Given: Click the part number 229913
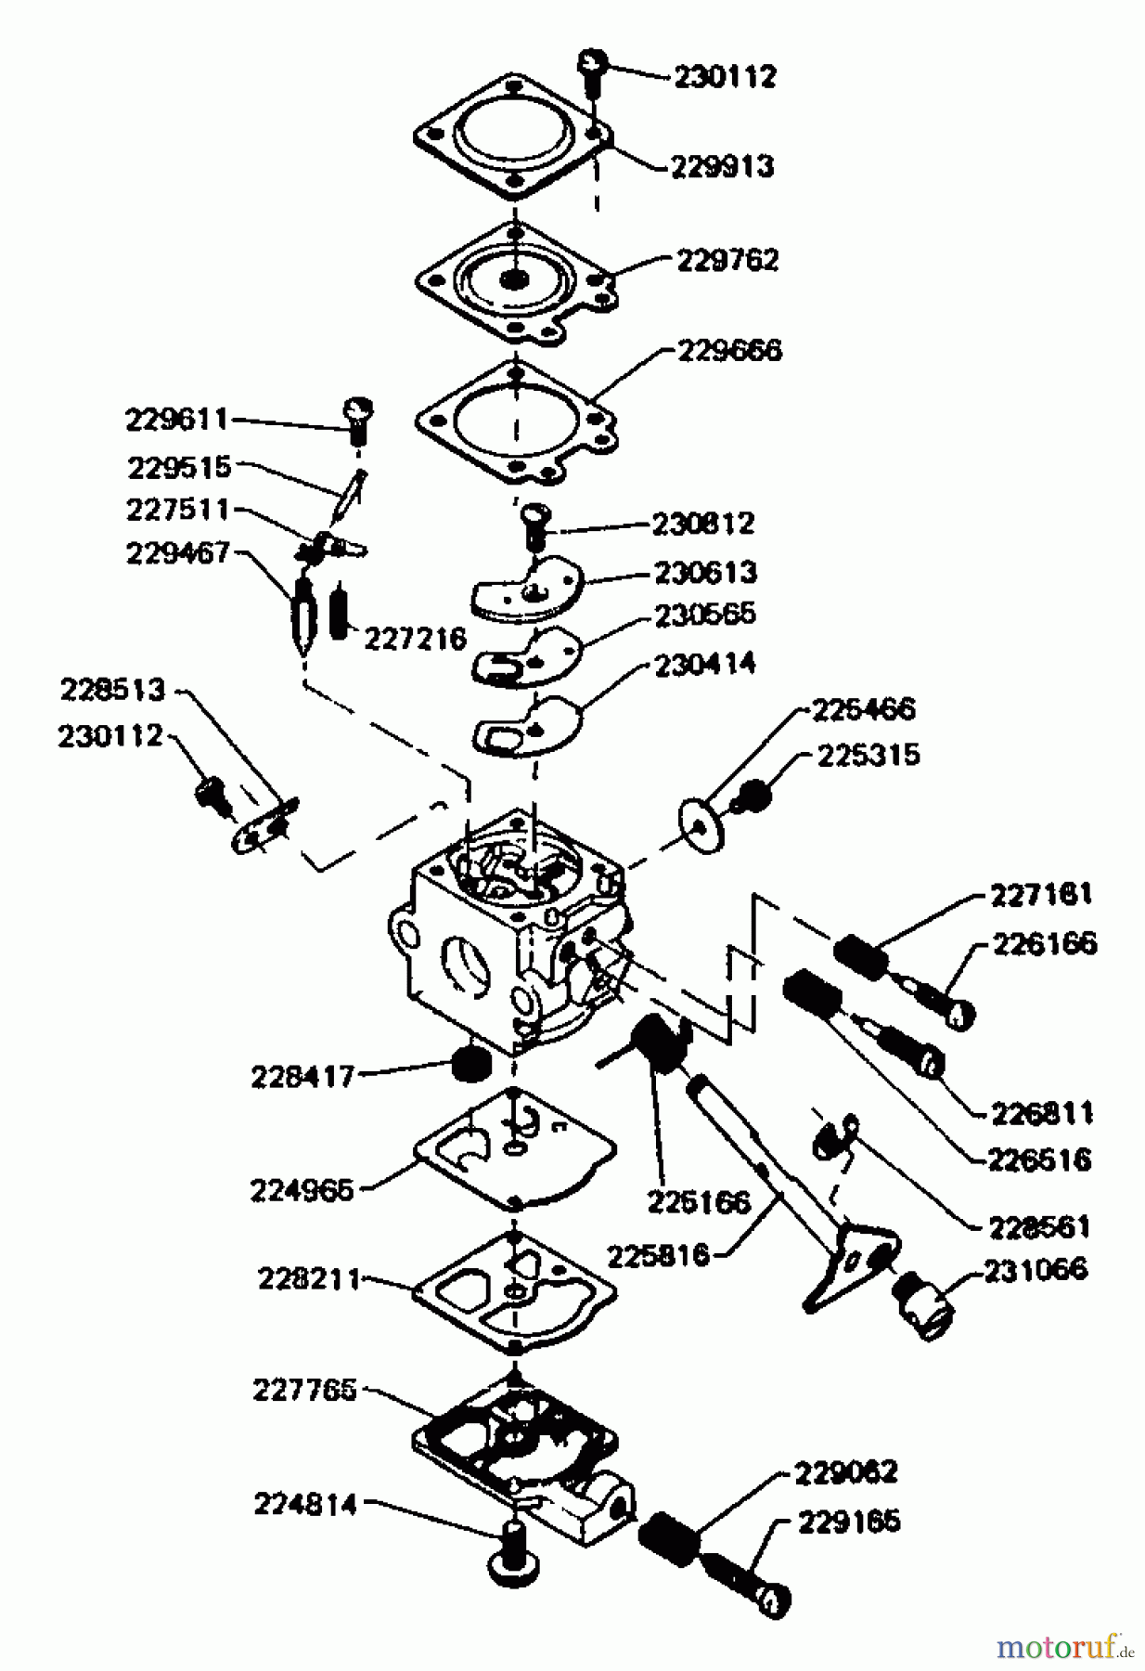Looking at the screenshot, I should [722, 167].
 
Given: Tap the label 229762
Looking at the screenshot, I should [727, 260].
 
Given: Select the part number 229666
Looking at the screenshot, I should [729, 351].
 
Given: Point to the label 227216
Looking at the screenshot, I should [415, 639].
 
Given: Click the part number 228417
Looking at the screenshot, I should [302, 1077].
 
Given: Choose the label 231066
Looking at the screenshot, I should [1035, 1269].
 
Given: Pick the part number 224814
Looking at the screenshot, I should [305, 1504].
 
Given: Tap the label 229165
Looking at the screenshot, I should [849, 1522].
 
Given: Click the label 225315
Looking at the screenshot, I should [868, 755].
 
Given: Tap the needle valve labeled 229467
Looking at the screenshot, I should [303, 615].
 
